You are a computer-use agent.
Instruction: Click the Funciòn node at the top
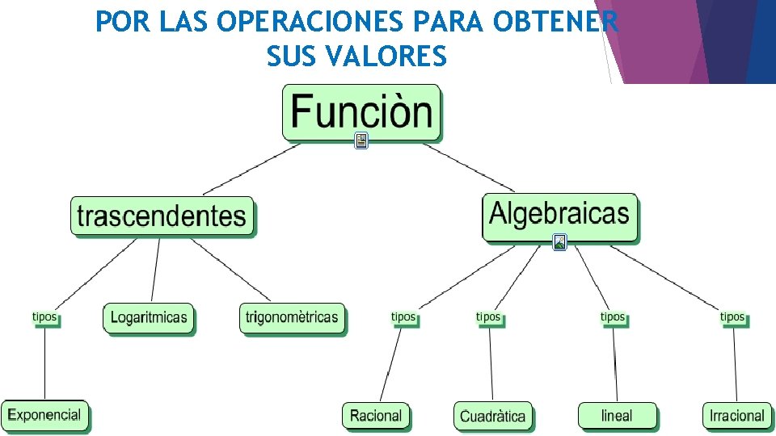tap(361, 111)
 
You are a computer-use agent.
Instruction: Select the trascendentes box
tap(162, 216)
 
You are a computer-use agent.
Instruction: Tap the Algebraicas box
tap(559, 215)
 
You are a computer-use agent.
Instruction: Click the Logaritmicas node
tap(149, 317)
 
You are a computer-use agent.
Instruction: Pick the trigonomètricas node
tap(292, 317)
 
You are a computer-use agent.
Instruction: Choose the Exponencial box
tap(44, 415)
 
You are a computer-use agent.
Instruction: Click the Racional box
tap(376, 416)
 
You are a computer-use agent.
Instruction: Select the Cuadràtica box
tap(492, 416)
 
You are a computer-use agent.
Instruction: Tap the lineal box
tap(617, 416)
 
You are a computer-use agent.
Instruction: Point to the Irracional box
tap(736, 416)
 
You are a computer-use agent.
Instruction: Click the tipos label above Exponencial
tap(44, 317)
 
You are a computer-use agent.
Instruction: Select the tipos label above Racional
tap(403, 317)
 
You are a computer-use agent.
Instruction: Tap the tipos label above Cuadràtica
tap(488, 317)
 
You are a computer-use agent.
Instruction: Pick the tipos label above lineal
tap(613, 317)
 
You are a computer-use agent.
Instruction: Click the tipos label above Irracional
tap(732, 317)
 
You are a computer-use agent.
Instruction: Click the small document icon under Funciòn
tap(361, 141)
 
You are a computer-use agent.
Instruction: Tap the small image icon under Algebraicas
tap(559, 241)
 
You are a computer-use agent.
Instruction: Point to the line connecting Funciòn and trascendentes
tap(251, 169)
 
